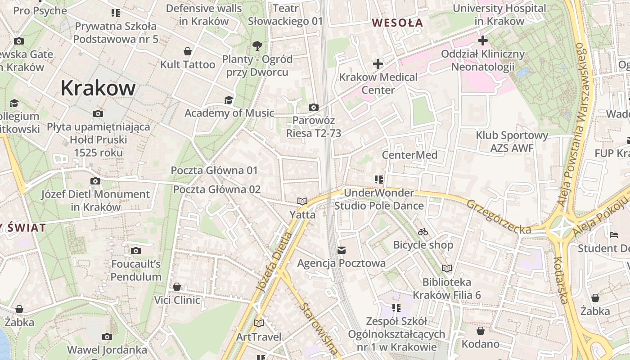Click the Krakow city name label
point(98,88)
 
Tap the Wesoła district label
point(397,22)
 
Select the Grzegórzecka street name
point(499,216)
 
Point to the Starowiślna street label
point(319,328)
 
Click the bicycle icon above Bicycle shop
point(423,232)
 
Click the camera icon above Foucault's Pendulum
point(136,251)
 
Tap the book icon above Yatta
point(302,201)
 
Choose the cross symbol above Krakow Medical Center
point(378,64)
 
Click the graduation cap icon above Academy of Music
point(229,100)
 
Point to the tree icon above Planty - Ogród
point(257,45)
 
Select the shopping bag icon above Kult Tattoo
point(188,51)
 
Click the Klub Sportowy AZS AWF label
point(512,141)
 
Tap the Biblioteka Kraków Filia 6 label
point(447,288)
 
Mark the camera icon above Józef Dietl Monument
point(95,181)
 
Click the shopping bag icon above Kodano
point(481,331)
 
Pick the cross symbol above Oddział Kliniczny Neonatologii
point(483,41)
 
